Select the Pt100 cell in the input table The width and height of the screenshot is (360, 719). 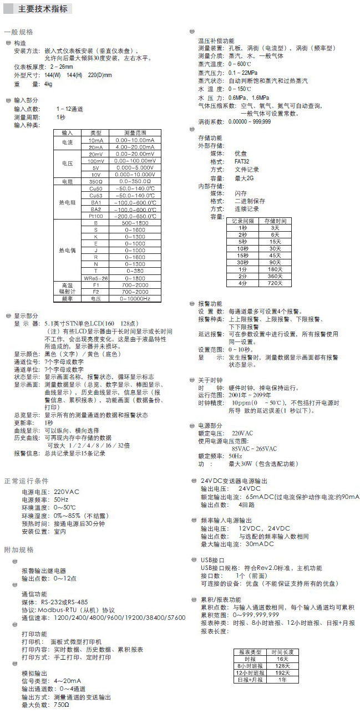[95, 216]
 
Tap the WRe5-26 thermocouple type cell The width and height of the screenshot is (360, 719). [95, 278]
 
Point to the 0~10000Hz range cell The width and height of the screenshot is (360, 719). [135, 298]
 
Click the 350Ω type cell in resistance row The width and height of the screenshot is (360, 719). [95, 181]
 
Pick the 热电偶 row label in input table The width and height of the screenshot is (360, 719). [67, 251]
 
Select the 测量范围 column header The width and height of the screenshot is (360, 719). [135, 134]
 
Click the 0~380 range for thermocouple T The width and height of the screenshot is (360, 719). [135, 271]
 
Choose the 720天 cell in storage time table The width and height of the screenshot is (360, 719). [275, 283]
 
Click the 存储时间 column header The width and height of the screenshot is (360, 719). [275, 221]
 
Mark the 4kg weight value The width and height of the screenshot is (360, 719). [48, 84]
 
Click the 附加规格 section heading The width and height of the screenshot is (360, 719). [19, 549]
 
